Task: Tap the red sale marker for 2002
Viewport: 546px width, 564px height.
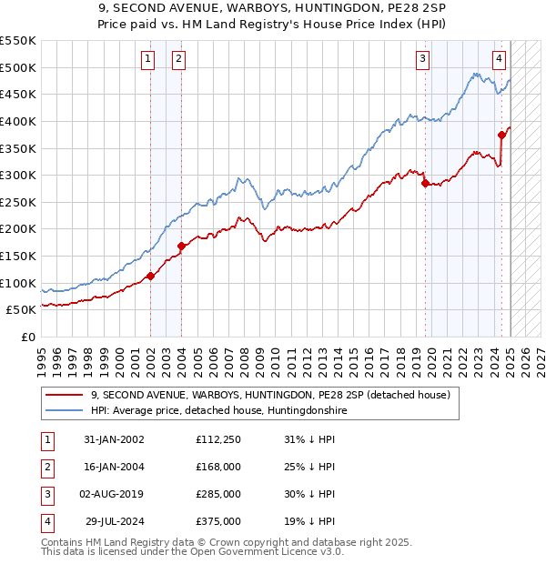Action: [150, 277]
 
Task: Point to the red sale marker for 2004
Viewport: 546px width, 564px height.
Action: [181, 246]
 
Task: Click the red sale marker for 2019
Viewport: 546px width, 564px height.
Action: [425, 183]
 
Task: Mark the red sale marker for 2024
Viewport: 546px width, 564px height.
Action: [501, 135]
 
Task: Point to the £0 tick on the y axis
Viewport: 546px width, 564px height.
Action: [28, 337]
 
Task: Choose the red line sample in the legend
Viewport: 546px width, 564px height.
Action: [65, 396]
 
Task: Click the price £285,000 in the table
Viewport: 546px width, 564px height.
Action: [218, 494]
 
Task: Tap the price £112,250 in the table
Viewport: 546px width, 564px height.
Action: [218, 439]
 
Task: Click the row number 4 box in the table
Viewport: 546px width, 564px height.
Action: [46, 521]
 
